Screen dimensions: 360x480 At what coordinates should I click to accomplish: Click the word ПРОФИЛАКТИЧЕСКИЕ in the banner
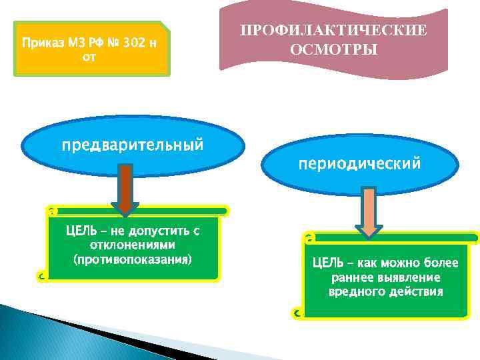(x=333, y=31)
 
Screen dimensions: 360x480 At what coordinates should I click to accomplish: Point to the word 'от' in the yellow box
(x=89, y=57)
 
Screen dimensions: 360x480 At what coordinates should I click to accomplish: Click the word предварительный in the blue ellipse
(x=133, y=145)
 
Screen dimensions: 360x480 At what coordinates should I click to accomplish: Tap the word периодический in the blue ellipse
(x=359, y=163)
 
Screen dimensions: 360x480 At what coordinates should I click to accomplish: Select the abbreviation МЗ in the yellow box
(x=73, y=43)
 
